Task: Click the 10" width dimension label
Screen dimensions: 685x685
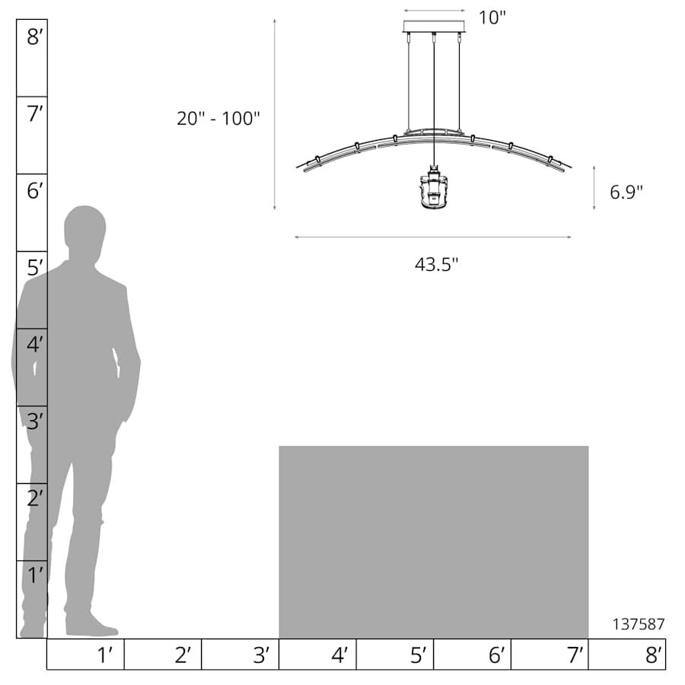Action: click(492, 18)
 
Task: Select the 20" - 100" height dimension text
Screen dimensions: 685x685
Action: click(218, 118)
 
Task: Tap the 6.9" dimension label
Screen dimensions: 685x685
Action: click(626, 192)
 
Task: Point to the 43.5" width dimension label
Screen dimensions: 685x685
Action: click(436, 265)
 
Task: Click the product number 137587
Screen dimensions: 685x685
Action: click(639, 624)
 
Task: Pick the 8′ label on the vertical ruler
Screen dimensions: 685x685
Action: click(35, 37)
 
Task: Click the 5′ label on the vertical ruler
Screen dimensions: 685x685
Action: click(35, 268)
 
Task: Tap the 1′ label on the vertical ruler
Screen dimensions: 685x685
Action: click(35, 575)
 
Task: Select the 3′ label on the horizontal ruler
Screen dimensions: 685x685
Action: click(261, 655)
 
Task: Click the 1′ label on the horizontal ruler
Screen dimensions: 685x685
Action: click(106, 655)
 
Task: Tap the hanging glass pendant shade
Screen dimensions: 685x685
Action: click(434, 190)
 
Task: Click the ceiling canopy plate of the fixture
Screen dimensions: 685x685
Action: click(434, 27)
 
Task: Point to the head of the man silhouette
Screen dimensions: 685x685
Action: click(84, 227)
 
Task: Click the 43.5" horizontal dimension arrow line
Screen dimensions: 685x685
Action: click(432, 237)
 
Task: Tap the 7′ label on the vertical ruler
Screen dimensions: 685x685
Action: click(35, 115)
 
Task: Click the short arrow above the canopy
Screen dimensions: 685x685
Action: click(434, 11)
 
